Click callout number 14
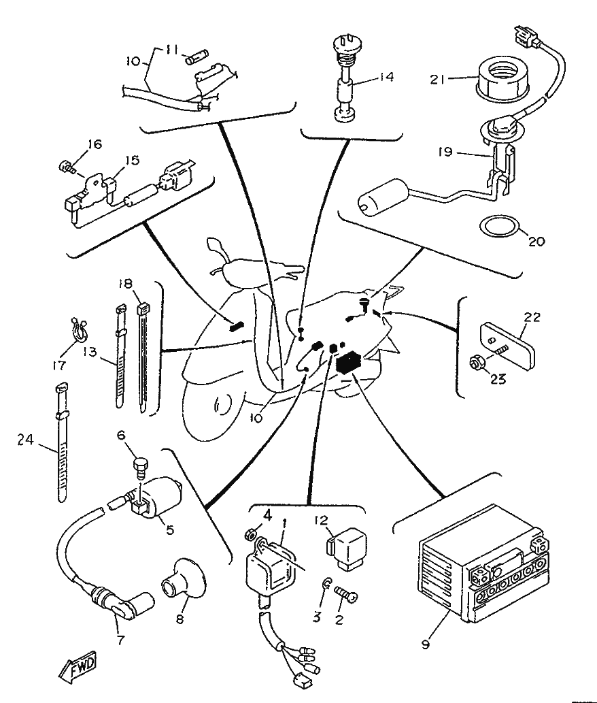pos(386,77)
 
